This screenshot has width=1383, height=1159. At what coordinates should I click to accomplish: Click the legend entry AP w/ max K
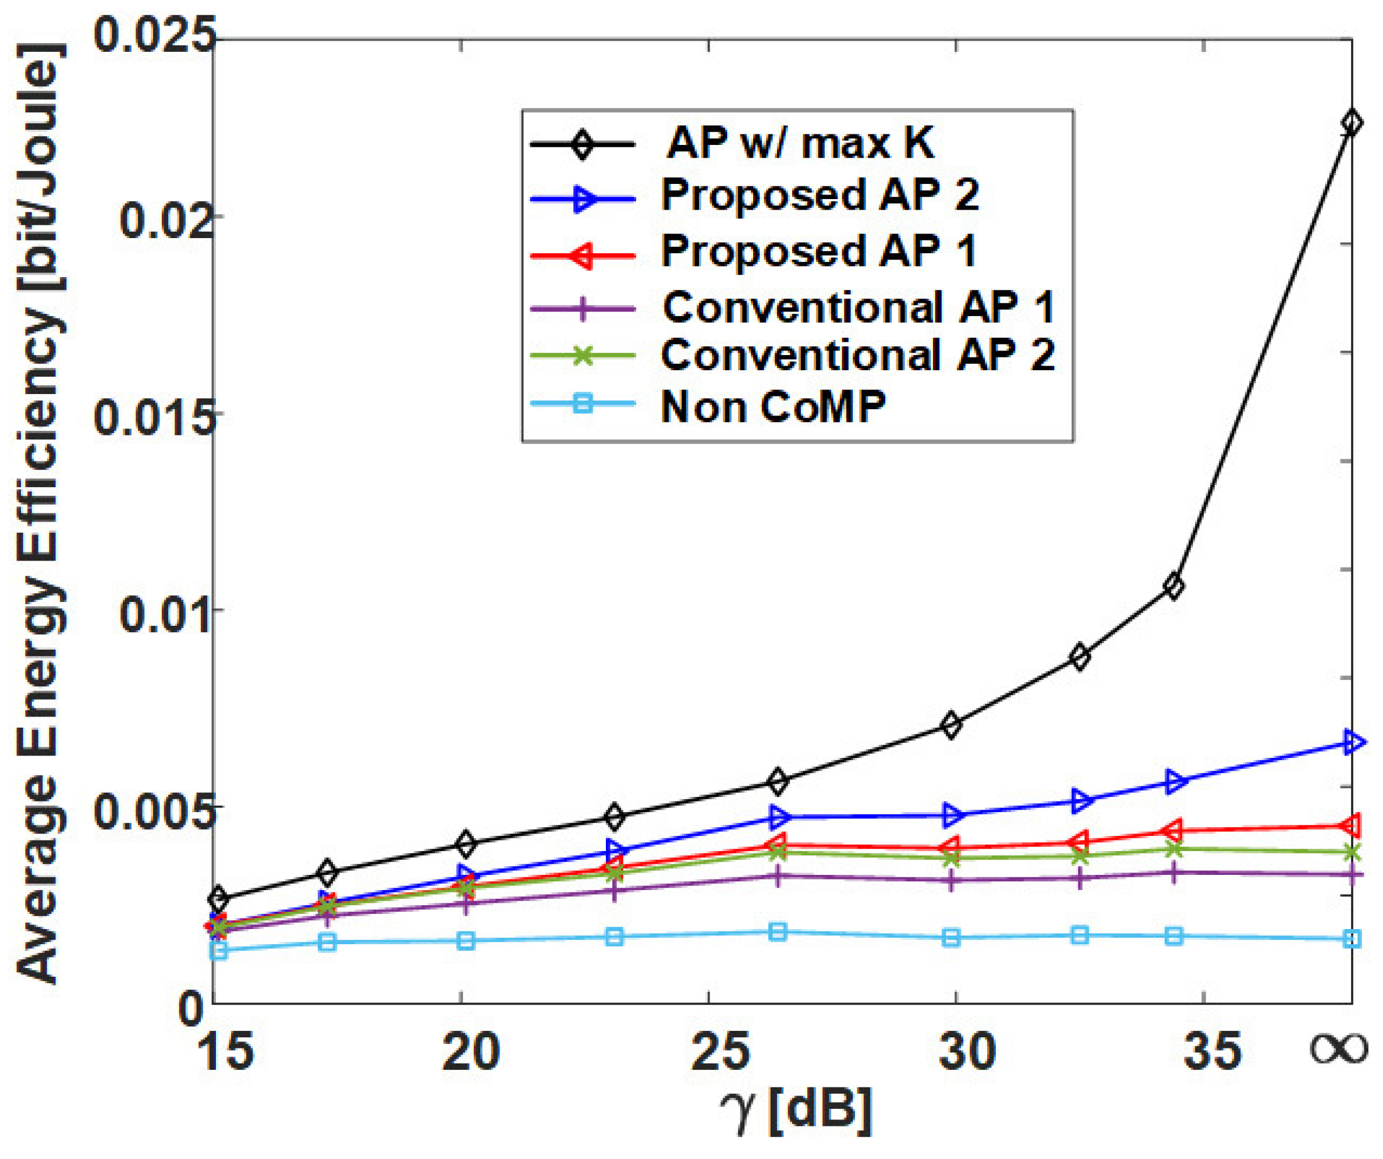[800, 142]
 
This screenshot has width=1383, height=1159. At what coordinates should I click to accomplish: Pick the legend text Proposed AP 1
[817, 251]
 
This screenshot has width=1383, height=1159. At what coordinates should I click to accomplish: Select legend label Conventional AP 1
[857, 307]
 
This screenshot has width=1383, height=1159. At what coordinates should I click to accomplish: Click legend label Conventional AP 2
[857, 356]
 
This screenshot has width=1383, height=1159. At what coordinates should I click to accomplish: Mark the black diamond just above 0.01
[1174, 586]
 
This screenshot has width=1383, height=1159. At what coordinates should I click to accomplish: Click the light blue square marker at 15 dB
[219, 950]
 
